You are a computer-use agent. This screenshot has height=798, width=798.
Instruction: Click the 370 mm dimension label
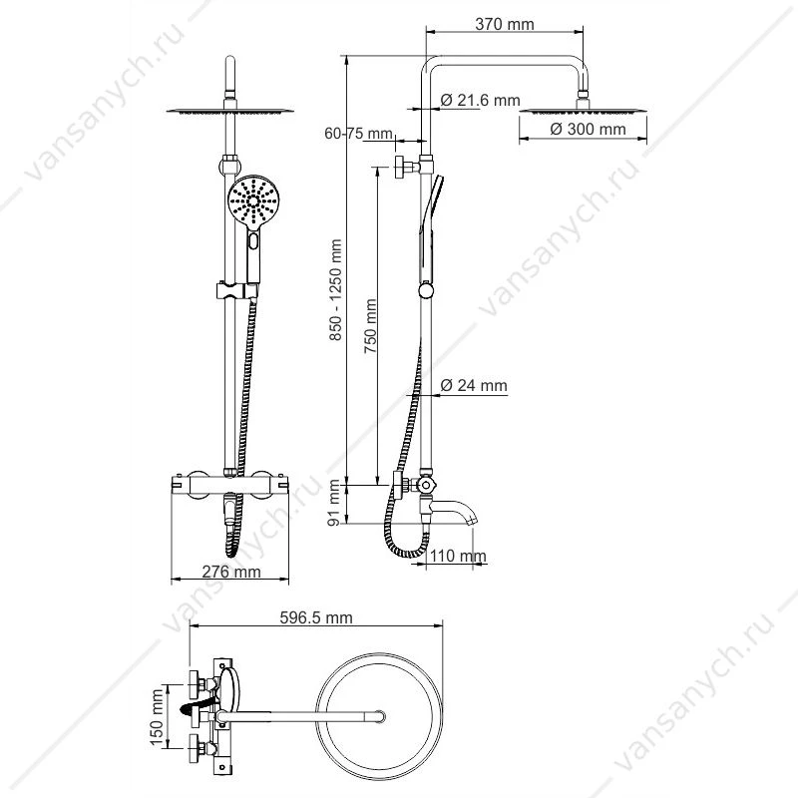(505, 24)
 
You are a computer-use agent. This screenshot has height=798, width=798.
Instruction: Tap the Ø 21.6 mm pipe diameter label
(481, 100)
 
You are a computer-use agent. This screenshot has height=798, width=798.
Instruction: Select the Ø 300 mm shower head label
(588, 129)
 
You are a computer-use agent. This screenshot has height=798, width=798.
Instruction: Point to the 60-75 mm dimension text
(359, 134)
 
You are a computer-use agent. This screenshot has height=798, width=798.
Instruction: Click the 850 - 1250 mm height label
(334, 289)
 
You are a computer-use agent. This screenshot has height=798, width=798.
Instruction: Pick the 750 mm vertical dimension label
(370, 326)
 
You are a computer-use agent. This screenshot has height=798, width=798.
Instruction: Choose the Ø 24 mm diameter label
(474, 385)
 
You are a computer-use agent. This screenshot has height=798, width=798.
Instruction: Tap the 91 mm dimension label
(334, 502)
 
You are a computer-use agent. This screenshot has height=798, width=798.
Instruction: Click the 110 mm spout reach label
(458, 556)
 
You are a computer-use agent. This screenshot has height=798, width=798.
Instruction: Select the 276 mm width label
(231, 572)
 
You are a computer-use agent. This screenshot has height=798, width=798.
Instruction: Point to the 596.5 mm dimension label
(316, 617)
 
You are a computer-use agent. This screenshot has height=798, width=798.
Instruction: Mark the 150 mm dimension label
(158, 716)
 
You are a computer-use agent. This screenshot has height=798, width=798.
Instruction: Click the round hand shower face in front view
(253, 201)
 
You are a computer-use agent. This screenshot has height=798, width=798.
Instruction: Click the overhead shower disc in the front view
(230, 111)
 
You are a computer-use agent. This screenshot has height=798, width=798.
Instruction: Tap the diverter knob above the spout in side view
(426, 485)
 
